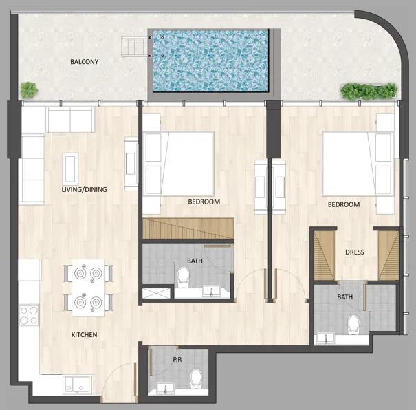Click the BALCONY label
(x=84, y=62)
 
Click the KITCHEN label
(x=84, y=335)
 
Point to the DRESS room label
(x=354, y=252)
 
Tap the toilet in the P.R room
(x=196, y=378)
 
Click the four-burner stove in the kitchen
(x=29, y=316)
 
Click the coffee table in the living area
(x=70, y=168)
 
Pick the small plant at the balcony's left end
(x=28, y=89)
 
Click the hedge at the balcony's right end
(x=369, y=90)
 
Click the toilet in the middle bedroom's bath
(x=183, y=276)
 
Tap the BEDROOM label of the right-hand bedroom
(x=343, y=205)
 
